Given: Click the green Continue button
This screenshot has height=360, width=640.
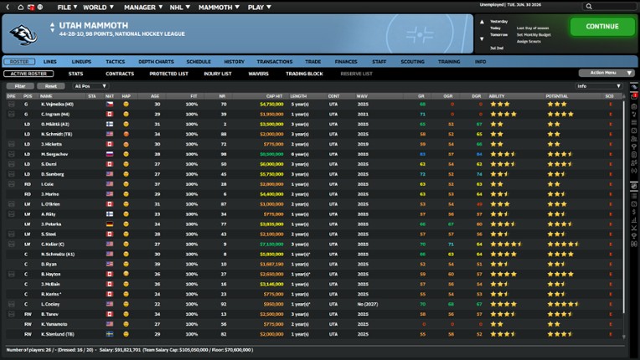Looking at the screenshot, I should [x=602, y=26].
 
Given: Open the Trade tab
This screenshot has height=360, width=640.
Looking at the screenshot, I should [x=313, y=61].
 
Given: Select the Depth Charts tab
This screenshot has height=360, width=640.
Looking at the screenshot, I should [x=156, y=61].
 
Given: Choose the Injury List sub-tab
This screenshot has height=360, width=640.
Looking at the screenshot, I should [x=217, y=74].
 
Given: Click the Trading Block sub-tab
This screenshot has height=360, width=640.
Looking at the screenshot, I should [x=304, y=74].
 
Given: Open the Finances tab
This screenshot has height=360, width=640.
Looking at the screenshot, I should [x=346, y=61].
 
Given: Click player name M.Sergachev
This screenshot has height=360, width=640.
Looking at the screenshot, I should [x=55, y=154].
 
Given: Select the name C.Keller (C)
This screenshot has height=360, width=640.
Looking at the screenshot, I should [x=56, y=244].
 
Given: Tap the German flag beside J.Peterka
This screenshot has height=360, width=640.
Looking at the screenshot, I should [x=110, y=224].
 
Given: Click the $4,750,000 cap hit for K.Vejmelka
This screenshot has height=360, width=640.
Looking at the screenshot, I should [x=271, y=104].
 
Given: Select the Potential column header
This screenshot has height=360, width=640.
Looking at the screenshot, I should [x=557, y=95].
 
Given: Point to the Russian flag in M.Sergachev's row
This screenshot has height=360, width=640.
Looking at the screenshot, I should [x=110, y=154].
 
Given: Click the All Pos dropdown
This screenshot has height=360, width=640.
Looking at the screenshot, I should [x=90, y=86].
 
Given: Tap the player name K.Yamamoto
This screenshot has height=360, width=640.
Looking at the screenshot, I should [x=56, y=323].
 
